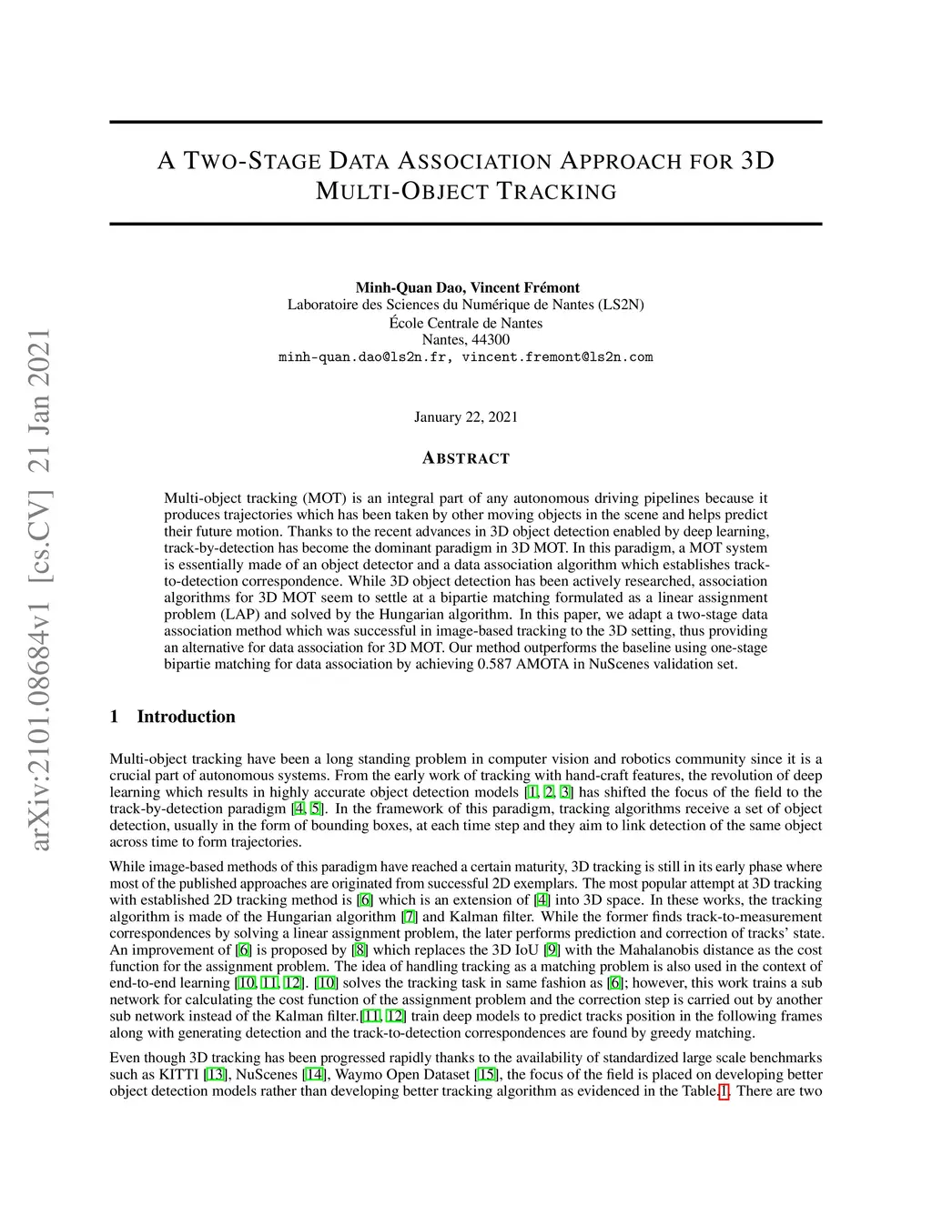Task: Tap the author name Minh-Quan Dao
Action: click(x=409, y=287)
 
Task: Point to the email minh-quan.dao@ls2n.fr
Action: click(x=362, y=357)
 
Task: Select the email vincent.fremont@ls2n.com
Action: click(x=557, y=357)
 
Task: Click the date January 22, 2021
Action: click(x=466, y=417)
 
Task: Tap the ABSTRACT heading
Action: click(x=466, y=458)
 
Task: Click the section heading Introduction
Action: click(x=186, y=717)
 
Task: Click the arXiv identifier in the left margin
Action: click(x=41, y=591)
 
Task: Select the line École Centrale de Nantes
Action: click(x=466, y=323)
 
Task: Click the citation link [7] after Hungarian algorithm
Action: click(x=410, y=917)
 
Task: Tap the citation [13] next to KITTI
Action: click(x=216, y=1074)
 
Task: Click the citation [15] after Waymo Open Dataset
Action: click(x=487, y=1074)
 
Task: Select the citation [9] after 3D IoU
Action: click(x=552, y=950)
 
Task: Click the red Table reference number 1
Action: click(x=724, y=1091)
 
